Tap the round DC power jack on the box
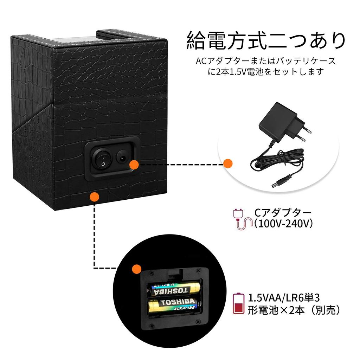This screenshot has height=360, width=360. (x=122, y=157)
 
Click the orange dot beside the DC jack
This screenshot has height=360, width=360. (x=134, y=164)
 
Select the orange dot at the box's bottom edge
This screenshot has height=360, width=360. (x=94, y=197)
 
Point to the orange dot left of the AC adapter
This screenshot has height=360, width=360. (x=228, y=163)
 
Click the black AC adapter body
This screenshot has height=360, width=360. (x=274, y=121)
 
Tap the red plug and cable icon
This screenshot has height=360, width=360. (x=242, y=219)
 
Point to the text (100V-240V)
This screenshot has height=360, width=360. (x=283, y=224)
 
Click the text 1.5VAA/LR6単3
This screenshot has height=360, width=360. (x=284, y=298)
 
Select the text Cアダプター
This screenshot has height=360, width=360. (x=283, y=213)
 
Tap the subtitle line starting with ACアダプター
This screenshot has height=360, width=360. (x=265, y=61)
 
